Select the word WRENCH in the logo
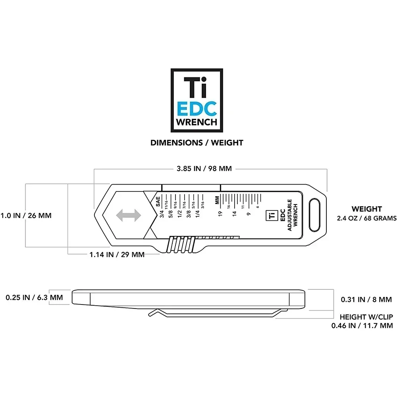coord(197,122)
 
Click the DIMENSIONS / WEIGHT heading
coord(197,143)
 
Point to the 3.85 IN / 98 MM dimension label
coord(204,168)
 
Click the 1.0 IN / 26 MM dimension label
coord(26,216)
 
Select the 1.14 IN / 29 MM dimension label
coord(117,254)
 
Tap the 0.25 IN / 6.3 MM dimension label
coord(34,297)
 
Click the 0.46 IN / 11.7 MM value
coord(362,326)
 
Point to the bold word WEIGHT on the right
coord(367,209)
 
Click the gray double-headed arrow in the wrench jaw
coord(128,216)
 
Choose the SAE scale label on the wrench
coord(158,201)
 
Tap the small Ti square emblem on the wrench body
coord(271,215)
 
